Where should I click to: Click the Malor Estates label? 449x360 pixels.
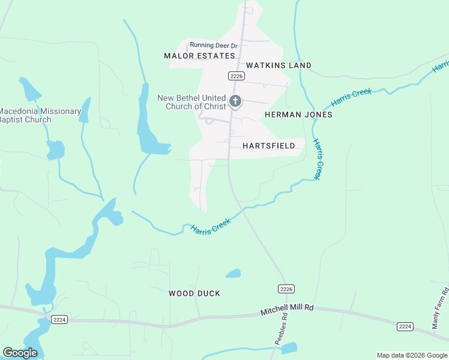pos(199,56)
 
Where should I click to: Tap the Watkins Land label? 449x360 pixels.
pos(279,65)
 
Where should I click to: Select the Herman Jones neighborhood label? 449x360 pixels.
pos(298,115)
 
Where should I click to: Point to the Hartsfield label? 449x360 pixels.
pos(269,146)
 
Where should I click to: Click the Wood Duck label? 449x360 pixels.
pos(194,293)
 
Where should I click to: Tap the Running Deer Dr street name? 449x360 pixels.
pos(214,46)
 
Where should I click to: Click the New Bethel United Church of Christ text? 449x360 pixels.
pos(191,102)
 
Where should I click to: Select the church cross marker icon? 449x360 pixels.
pos(235,101)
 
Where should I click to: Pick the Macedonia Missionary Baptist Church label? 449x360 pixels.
pos(40,115)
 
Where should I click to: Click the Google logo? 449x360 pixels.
pos(20,353)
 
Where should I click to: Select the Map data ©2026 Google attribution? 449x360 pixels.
pos(412,355)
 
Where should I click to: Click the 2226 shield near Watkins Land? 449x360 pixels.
pos(236,76)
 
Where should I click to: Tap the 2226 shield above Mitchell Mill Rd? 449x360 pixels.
pos(287,289)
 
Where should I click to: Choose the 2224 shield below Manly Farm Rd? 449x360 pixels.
pos(405,326)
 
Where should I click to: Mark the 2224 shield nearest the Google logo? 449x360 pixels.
pos(59,319)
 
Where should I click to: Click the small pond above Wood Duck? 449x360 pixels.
pos(233,274)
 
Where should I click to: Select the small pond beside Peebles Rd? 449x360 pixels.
pos(289,347)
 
